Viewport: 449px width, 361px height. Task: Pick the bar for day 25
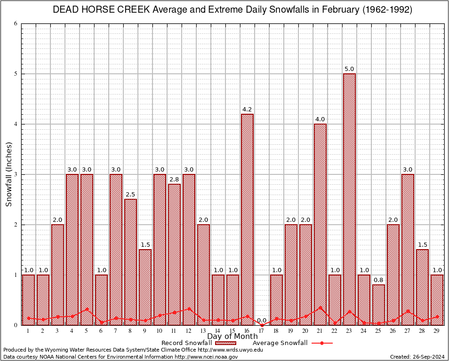click(x=378, y=305)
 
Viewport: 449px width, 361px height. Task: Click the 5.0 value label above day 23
click(x=349, y=69)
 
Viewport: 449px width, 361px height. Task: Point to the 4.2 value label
click(x=247, y=110)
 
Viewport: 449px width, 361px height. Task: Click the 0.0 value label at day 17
click(x=262, y=321)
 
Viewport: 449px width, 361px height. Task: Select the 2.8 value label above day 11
click(x=174, y=180)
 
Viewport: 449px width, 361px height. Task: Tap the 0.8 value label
click(x=378, y=280)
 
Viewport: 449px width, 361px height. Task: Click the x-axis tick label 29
click(x=437, y=331)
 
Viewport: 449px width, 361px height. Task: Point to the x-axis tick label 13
click(x=203, y=331)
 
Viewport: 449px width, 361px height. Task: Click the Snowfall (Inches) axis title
click(x=9, y=174)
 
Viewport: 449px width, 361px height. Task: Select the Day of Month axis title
click(x=233, y=337)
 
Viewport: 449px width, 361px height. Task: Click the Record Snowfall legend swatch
click(x=225, y=343)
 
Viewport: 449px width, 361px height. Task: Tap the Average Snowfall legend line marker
click(x=321, y=343)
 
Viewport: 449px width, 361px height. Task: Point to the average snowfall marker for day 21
click(x=320, y=308)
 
